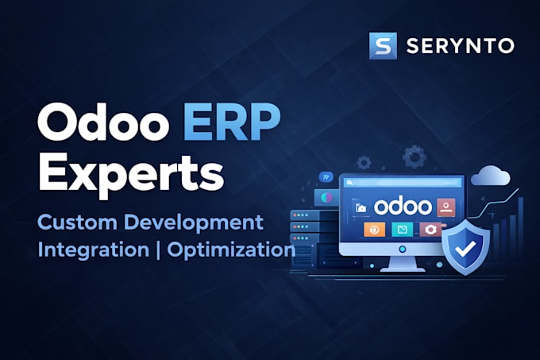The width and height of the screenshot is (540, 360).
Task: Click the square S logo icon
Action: pyautogui.click(x=383, y=46)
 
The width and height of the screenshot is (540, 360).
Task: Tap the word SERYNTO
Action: pyautogui.click(x=461, y=46)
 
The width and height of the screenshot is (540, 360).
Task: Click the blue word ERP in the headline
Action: pyautogui.click(x=232, y=122)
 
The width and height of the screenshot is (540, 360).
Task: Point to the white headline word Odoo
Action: pyautogui.click(x=103, y=122)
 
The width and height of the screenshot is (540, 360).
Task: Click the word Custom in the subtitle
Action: pyautogui.click(x=78, y=223)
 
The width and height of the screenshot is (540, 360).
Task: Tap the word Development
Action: pyautogui.click(x=194, y=223)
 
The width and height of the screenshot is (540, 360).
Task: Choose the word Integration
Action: pyautogui.click(x=94, y=250)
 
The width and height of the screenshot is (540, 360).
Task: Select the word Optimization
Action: pyautogui.click(x=231, y=250)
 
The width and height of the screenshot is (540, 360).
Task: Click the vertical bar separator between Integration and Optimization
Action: pyautogui.click(x=158, y=250)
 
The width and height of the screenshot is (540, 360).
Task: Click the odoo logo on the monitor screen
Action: pyautogui.click(x=403, y=207)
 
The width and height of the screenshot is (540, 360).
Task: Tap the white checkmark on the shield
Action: pyautogui.click(x=465, y=249)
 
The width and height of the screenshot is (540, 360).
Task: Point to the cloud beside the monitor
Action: pyautogui.click(x=491, y=176)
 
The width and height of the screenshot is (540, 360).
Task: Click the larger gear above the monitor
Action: pyautogui.click(x=415, y=157)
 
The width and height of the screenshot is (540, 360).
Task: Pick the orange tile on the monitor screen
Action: pyautogui.click(x=374, y=230)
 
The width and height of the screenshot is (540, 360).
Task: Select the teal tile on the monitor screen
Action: pyautogui.click(x=403, y=230)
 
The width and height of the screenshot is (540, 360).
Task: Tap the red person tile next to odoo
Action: pyautogui.click(x=446, y=207)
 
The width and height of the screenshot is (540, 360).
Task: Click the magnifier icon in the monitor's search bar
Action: pyautogui.click(x=349, y=183)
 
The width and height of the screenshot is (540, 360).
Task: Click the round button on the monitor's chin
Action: pyautogui.click(x=402, y=249)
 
